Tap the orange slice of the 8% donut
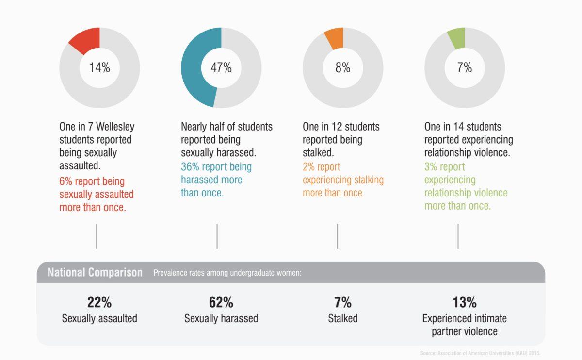coord(335,38)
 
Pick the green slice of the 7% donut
coord(456,38)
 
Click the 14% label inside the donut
coord(99,68)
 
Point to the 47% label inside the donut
coord(221,68)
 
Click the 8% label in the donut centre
coord(343,68)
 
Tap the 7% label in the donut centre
coord(465,68)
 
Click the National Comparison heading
coord(95,272)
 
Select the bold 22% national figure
coord(99,302)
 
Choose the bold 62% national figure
coord(221,302)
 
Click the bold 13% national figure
coord(465,302)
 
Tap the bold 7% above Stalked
coord(343,302)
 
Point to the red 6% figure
coord(66,181)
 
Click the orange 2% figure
coord(309,167)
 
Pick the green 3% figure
coord(431,167)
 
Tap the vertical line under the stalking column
coord(338,236)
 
